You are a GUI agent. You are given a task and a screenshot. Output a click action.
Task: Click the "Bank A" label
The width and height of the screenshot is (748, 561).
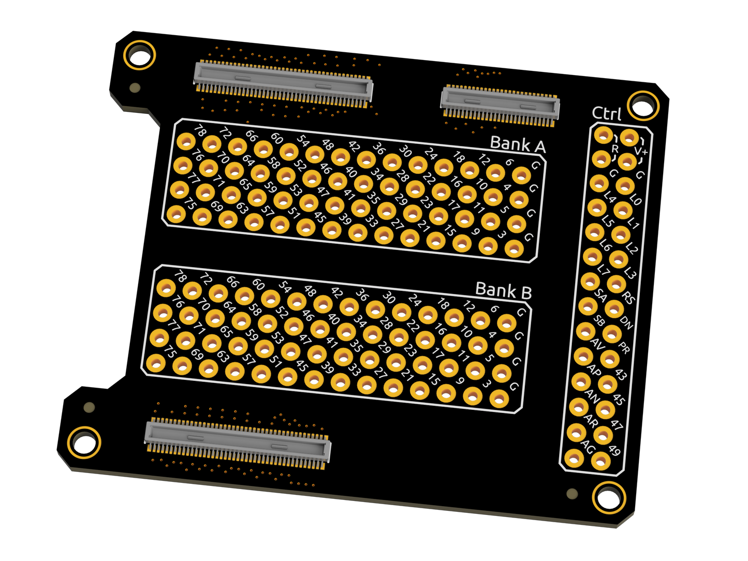point(517,145)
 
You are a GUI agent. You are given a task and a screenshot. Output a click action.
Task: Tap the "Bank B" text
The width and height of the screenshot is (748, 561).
point(503,291)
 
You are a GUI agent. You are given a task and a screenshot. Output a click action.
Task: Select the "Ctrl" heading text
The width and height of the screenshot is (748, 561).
point(606,114)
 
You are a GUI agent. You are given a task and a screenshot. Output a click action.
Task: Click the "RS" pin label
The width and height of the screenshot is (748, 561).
point(628,298)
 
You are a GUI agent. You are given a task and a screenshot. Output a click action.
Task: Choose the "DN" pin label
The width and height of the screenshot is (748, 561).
point(626,323)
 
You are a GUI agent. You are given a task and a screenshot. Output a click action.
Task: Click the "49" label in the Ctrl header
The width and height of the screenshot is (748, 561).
point(614,450)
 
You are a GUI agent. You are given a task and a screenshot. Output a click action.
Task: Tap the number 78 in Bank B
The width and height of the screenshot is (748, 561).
point(180,276)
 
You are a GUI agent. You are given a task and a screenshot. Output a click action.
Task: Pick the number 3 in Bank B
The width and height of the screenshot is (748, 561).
point(486,385)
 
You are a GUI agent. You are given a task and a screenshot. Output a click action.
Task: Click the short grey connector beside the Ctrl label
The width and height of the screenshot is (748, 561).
point(500,106)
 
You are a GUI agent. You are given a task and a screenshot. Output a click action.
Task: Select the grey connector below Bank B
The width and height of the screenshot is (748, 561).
point(238,440)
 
